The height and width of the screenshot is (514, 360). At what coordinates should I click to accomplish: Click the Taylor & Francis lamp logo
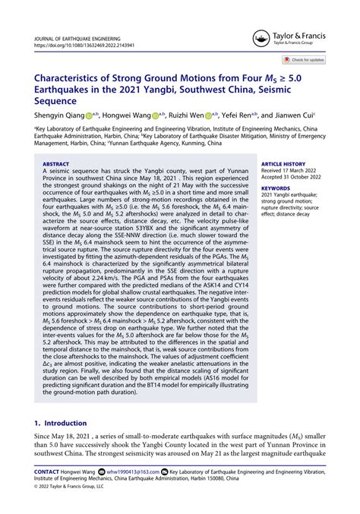pos(262,39)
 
